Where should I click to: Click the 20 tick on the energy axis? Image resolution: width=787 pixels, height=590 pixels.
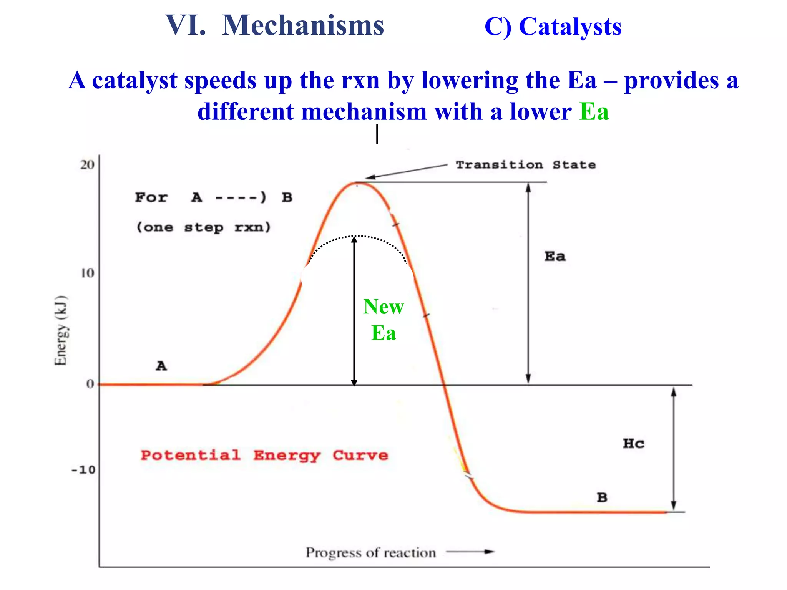(x=87, y=165)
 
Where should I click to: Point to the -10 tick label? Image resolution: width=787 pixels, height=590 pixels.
(x=83, y=470)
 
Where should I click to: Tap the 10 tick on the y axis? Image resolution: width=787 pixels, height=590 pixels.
(x=87, y=273)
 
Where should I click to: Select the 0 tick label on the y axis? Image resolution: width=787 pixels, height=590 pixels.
(x=90, y=384)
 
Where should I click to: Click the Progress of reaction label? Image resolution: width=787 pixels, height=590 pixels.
(x=371, y=553)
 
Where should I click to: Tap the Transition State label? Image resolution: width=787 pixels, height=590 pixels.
(x=525, y=165)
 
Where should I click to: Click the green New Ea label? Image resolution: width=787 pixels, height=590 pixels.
(x=384, y=319)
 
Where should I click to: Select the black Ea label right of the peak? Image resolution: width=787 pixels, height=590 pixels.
(x=555, y=256)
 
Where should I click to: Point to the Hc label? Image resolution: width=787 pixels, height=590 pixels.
(x=633, y=444)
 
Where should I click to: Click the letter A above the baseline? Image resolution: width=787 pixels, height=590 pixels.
(x=161, y=366)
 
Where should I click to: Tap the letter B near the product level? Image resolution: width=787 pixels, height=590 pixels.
(x=602, y=497)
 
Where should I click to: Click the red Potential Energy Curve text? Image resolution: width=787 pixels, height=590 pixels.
(x=264, y=456)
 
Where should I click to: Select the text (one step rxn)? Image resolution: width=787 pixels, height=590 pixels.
(x=204, y=227)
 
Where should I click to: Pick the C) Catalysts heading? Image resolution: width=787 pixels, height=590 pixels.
(x=553, y=27)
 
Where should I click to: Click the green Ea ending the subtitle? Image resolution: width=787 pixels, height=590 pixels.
(x=594, y=112)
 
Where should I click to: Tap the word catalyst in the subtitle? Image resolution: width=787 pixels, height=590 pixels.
(x=134, y=80)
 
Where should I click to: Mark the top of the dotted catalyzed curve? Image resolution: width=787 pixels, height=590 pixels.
(x=358, y=236)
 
